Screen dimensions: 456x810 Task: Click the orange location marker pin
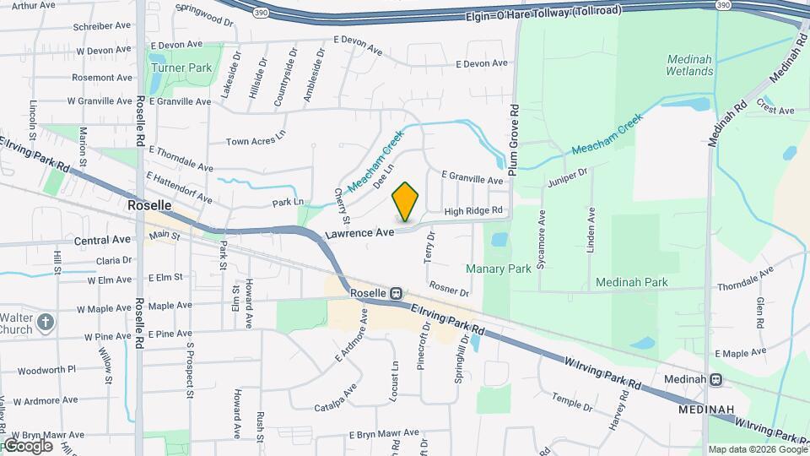406,202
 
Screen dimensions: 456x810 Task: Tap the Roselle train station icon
395,293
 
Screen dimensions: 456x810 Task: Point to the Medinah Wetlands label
690,65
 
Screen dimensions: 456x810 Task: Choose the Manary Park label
499,269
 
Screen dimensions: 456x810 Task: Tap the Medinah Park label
631,282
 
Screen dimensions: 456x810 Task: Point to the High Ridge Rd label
473,210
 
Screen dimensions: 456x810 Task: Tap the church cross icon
46,322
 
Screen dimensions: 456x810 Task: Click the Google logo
27,446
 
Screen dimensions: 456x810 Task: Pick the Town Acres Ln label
252,141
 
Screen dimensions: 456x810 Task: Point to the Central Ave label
102,240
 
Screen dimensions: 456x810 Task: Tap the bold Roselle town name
149,205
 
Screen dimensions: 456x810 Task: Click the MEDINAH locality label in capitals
705,409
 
